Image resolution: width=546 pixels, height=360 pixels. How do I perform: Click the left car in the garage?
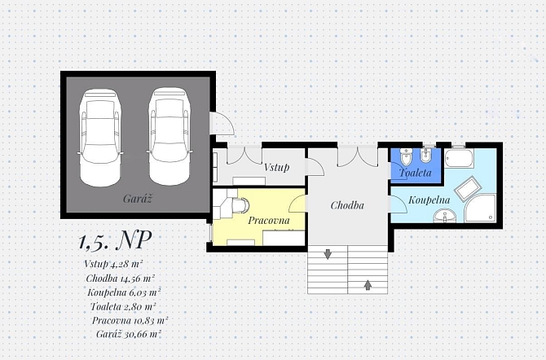(101, 138)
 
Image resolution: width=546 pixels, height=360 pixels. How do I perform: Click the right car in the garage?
(170, 136)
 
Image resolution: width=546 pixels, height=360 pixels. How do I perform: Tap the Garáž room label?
(138, 199)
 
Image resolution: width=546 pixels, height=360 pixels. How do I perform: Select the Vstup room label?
(276, 167)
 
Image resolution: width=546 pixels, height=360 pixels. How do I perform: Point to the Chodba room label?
(347, 205)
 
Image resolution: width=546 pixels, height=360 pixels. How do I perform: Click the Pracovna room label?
(269, 220)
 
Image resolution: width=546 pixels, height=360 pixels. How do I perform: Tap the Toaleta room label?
(416, 173)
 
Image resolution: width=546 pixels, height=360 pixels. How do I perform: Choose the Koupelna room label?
(429, 200)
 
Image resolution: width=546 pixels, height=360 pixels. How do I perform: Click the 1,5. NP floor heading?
(115, 240)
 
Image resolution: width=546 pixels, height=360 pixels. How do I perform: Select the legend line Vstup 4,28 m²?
(113, 264)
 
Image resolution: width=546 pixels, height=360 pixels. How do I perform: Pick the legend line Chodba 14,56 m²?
(120, 279)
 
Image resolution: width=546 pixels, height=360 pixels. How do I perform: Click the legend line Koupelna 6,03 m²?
(124, 292)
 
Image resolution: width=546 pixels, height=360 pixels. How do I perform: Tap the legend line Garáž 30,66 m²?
(129, 334)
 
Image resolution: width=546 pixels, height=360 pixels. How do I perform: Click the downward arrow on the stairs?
(328, 254)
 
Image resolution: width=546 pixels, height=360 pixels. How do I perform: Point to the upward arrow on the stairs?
(368, 285)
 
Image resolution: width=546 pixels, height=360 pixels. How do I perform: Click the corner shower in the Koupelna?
(481, 209)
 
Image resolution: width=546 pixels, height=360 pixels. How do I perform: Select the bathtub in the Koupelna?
(459, 159)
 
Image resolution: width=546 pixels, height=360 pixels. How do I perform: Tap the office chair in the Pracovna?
(240, 205)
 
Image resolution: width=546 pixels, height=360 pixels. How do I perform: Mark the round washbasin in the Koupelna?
(445, 216)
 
